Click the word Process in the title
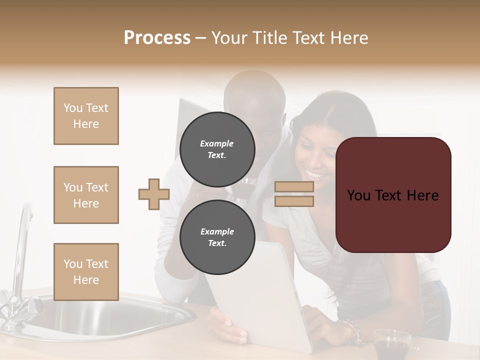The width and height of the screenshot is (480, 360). [x=157, y=37]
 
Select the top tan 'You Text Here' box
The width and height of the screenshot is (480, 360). [x=86, y=116]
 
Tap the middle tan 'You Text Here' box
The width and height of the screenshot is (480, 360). [x=86, y=195]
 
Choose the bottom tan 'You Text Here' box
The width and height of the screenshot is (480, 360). [x=86, y=272]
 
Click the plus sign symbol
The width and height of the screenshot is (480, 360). [x=154, y=194]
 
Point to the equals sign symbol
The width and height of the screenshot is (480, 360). [x=294, y=194]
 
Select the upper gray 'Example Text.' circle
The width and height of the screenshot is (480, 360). [x=217, y=149]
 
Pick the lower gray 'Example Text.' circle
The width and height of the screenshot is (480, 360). [x=217, y=237]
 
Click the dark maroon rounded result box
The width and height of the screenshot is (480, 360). [x=393, y=195]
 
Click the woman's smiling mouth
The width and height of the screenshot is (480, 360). [x=314, y=174]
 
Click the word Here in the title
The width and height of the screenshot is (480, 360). [x=350, y=38]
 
